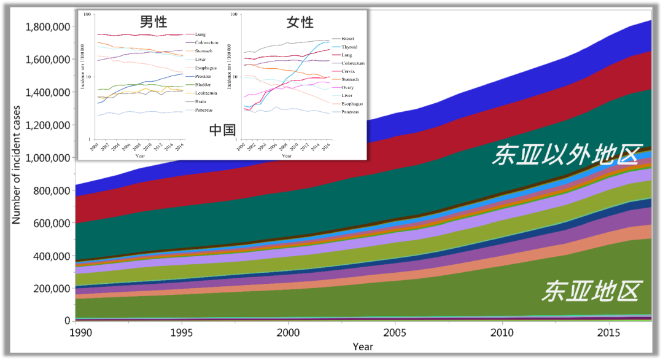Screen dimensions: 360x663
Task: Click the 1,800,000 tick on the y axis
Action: coord(47,27)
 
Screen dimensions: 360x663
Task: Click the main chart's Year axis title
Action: coord(362,347)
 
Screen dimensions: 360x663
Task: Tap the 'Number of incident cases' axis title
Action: coord(17,165)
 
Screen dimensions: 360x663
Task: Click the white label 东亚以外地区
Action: coord(565,155)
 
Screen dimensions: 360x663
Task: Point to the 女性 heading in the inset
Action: coord(300,23)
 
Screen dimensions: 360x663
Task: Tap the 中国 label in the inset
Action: coord(222,130)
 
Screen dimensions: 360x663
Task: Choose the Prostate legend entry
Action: coord(203,76)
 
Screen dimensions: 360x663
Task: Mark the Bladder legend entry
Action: coord(203,84)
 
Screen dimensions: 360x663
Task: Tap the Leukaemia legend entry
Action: coord(206,93)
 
